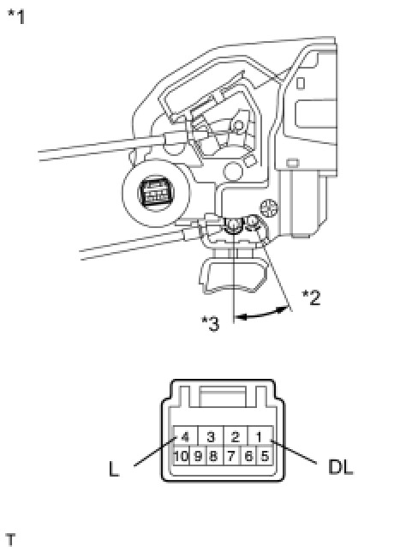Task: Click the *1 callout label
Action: [x=16, y=16]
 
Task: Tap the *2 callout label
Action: [x=312, y=297]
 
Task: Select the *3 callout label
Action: [x=211, y=323]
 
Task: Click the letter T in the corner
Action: [x=11, y=540]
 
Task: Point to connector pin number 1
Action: [x=260, y=437]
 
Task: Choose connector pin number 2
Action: [x=235, y=437]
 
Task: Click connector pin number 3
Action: [x=211, y=437]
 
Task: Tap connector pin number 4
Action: [x=185, y=437]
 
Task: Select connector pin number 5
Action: [x=265, y=456]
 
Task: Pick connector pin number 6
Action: [x=248, y=456]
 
